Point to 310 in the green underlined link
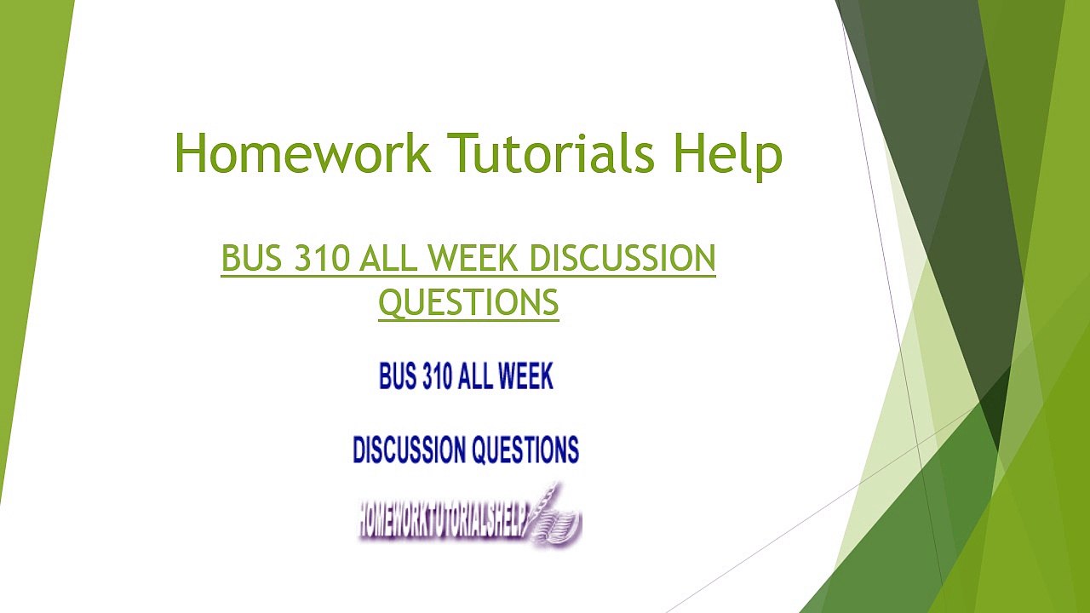(x=322, y=259)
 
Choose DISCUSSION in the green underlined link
(x=622, y=259)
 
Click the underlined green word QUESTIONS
(x=468, y=302)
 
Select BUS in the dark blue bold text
(x=398, y=376)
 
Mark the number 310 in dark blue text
(x=437, y=376)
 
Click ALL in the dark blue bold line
(x=478, y=376)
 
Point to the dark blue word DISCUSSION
(x=409, y=450)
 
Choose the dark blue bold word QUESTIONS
(x=525, y=450)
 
